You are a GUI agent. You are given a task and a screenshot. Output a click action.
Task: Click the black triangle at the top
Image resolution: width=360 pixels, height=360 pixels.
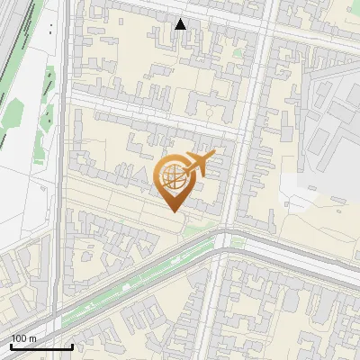pos(181,24)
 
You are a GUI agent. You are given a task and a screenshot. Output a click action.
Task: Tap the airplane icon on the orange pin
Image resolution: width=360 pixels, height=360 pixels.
pos(201,163)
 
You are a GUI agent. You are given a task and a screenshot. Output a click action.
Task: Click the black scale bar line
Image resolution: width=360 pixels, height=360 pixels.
pos(41,346)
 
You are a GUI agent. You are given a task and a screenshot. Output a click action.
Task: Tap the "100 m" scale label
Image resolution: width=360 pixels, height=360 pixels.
pos(24,338)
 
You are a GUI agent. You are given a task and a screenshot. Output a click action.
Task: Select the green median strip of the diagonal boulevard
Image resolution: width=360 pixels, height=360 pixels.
pos(135,282)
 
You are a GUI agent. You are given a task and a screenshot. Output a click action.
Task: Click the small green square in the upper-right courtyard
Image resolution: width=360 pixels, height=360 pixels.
pos(238,52)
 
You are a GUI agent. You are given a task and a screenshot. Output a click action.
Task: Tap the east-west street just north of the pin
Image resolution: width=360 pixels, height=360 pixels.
pos(153,117)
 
